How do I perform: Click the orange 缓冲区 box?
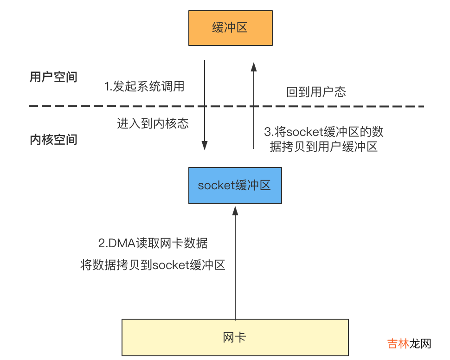pos(230,28)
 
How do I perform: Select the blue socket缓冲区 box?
pos(235,186)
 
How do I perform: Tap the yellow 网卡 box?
pos(235,337)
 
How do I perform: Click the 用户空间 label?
pos(53,77)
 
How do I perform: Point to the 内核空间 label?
pos(53,140)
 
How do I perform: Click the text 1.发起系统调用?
pos(144,87)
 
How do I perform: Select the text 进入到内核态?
pos(153,124)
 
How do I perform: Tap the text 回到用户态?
pos(316,92)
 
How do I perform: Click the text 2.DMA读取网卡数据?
pos(153,243)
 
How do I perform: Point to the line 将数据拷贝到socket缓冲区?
pos(153,265)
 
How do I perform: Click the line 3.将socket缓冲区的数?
pos(324,132)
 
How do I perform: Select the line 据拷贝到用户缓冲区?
pos(324,147)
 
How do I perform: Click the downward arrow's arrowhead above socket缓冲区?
pos(205,145)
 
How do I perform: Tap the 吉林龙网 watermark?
pos(409,344)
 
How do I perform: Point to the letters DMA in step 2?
pos(119,243)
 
